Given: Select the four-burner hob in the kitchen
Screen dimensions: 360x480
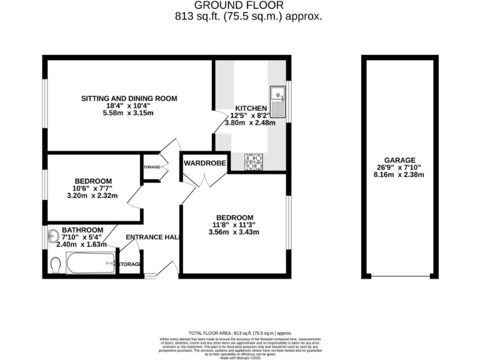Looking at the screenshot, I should click(254, 161).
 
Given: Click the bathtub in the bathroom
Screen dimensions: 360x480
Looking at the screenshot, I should click(91, 263).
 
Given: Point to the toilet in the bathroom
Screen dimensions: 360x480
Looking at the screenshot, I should click(54, 267).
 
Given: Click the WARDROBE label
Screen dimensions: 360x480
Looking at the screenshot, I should click(204, 163).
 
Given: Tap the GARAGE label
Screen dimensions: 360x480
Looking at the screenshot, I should click(401, 160).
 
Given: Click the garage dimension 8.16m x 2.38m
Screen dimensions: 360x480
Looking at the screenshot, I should click(401, 175).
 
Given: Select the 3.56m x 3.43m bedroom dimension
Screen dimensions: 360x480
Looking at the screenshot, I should click(234, 232).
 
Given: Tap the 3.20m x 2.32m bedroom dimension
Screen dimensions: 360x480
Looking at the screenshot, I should click(92, 195).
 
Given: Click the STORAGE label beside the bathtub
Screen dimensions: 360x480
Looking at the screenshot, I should click(130, 264).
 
